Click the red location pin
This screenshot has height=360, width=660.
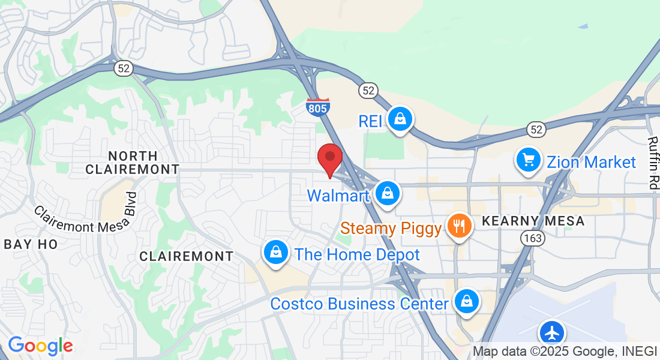pos(329,159)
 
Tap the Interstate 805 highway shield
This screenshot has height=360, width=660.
pos(317,107)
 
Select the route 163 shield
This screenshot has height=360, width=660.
pos(532,238)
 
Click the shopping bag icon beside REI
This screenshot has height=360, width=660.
pos(399,119)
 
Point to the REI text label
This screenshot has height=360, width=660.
pos(370,121)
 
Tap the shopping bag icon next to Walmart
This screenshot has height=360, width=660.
pos(388,193)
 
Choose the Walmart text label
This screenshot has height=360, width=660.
pos(338,196)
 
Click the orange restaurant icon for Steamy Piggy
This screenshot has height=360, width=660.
pos(460,226)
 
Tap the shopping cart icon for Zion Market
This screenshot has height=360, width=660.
pos(529,160)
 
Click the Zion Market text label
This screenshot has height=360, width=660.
pos(591,162)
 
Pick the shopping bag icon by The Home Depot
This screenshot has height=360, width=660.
pos(276,252)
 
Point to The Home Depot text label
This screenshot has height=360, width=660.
pos(358,254)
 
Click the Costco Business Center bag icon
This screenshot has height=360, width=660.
pos(466,302)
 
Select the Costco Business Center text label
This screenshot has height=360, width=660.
pos(359,304)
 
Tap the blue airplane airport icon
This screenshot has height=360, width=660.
pos(551,332)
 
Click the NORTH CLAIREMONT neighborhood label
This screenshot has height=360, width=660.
pos(132,163)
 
